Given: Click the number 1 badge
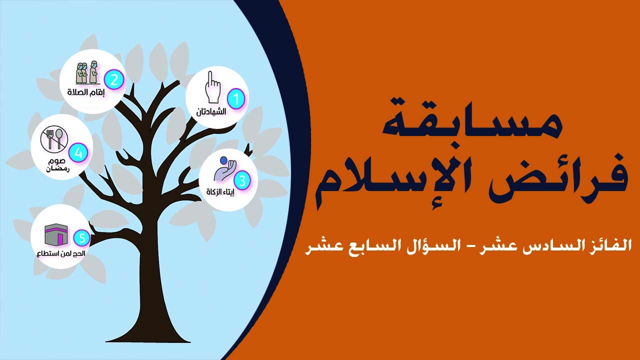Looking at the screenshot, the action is pyautogui.click(x=236, y=99).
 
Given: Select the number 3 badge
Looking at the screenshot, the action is pyautogui.click(x=242, y=181).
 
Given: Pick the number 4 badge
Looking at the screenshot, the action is pyautogui.click(x=78, y=153).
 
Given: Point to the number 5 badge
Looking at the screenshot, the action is pyautogui.click(x=81, y=239).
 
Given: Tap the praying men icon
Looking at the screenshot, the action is pyautogui.click(x=87, y=73).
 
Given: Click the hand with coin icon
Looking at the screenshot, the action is pyautogui.click(x=225, y=168).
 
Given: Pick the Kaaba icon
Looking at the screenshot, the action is pyautogui.click(x=56, y=234).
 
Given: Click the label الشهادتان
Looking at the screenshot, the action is pyautogui.click(x=211, y=111).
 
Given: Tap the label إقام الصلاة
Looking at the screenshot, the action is pyautogui.click(x=86, y=92).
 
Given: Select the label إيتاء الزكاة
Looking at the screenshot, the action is pyautogui.click(x=220, y=191).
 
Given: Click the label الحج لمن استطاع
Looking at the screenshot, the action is pyautogui.click(x=61, y=253).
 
